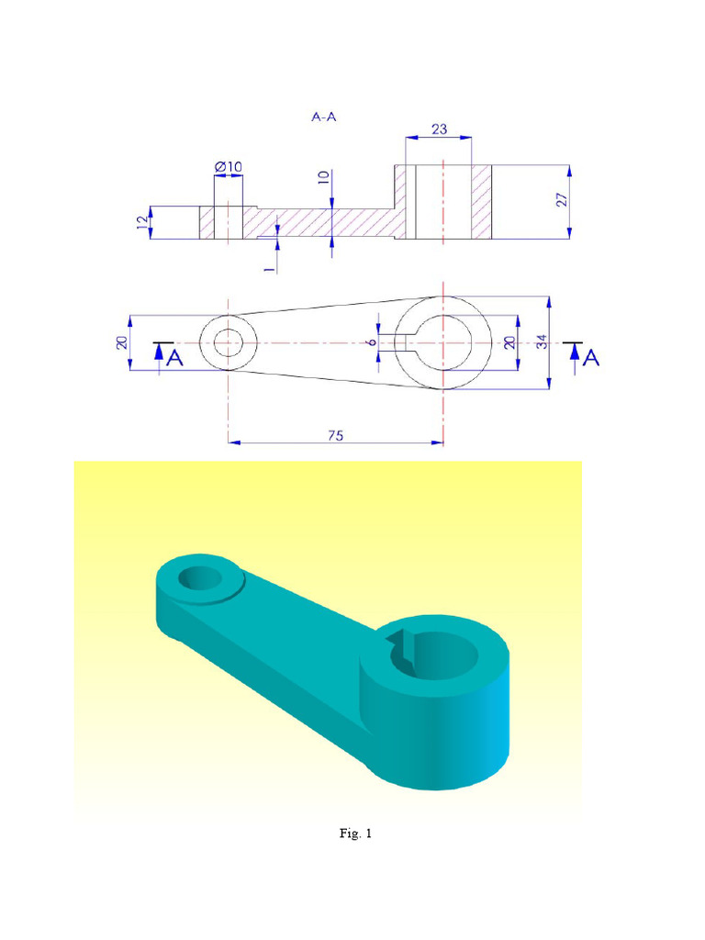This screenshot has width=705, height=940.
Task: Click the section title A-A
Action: (324, 117)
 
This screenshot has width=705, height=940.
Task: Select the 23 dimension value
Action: (439, 129)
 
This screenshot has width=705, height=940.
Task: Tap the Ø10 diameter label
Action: (229, 166)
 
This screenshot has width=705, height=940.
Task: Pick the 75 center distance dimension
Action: (335, 437)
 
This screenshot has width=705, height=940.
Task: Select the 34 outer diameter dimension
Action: (542, 341)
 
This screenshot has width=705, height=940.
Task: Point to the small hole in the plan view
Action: (228, 344)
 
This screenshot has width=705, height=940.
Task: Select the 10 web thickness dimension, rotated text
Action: (323, 177)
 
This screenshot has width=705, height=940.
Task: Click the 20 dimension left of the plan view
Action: (121, 342)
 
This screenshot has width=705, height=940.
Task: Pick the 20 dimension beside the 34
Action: (510, 341)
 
